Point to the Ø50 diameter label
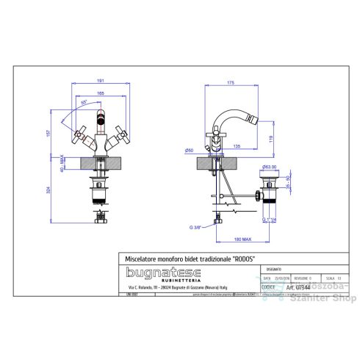[189, 150]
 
